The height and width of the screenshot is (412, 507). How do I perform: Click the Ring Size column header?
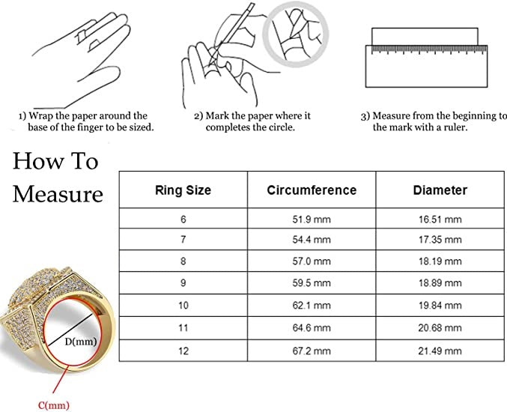183,190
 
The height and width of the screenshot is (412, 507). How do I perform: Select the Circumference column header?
312,190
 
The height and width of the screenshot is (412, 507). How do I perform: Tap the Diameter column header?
440,190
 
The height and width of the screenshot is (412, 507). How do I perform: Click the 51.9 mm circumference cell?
312,219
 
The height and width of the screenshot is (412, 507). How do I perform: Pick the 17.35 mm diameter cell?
440,240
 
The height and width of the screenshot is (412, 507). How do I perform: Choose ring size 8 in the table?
183,261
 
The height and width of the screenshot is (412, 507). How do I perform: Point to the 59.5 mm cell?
312,283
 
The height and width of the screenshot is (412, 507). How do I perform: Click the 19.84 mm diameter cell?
440,305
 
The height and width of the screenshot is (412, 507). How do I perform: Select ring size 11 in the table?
183,327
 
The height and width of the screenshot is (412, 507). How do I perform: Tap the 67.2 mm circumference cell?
312,350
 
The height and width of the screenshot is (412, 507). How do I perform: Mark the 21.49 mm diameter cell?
440,350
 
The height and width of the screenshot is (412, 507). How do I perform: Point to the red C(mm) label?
55,405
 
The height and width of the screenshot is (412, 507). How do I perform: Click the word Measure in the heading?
58,194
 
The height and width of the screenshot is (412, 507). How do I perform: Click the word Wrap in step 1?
43,116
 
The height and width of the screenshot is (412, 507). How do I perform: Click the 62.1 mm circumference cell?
312,305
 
